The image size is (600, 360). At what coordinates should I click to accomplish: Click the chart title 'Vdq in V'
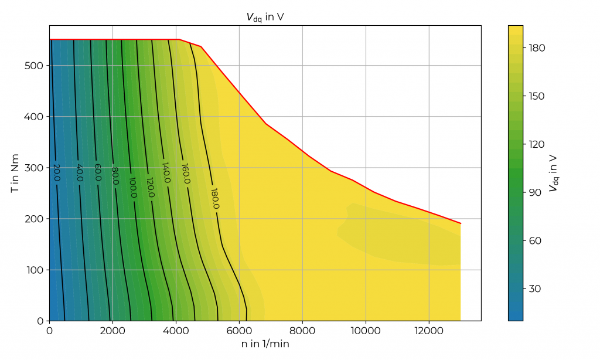click(x=265, y=18)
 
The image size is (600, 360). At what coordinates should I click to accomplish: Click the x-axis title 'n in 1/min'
click(x=265, y=344)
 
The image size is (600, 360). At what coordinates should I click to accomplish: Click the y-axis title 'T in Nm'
click(x=16, y=173)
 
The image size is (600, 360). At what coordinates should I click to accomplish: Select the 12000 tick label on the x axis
click(x=429, y=331)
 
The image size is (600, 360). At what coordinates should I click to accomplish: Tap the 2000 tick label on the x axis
click(x=112, y=331)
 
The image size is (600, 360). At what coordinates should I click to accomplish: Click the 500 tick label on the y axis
click(x=33, y=66)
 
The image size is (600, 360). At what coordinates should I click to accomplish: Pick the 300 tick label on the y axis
click(x=33, y=168)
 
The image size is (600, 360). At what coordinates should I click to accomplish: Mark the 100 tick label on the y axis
click(x=33, y=270)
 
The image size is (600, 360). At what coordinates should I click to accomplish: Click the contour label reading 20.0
click(x=57, y=173)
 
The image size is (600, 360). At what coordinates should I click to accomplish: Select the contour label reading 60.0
click(x=98, y=174)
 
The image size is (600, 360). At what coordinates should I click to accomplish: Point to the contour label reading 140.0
click(x=166, y=173)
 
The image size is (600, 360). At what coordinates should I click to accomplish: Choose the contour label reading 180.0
click(x=214, y=199)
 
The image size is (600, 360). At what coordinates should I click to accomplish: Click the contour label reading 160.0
click(x=185, y=174)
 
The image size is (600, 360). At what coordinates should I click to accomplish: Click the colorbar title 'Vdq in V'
click(x=553, y=173)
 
